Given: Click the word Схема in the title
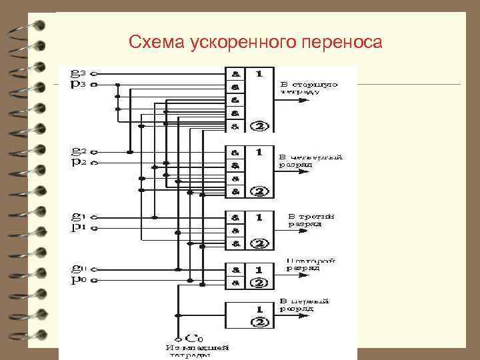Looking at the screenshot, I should (151, 43).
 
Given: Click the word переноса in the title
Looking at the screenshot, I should (341, 43).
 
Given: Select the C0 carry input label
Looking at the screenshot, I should (195, 339).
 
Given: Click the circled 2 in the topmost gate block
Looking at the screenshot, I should (261, 127).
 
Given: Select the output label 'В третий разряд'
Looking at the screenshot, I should (311, 220).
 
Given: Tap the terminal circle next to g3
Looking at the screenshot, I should (94, 73).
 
